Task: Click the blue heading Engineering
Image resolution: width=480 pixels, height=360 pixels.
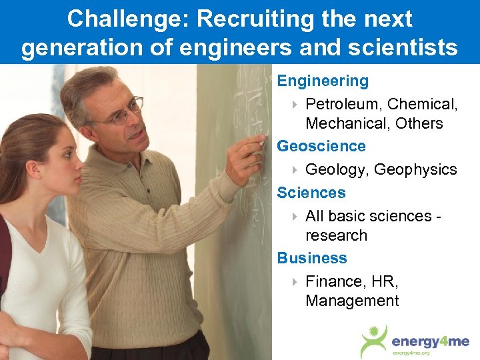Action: [323, 81]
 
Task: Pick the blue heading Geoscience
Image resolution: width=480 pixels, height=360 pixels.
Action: [321, 145]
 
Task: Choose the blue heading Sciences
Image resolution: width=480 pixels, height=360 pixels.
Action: [311, 193]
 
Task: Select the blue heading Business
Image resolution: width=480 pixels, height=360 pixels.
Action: [312, 257]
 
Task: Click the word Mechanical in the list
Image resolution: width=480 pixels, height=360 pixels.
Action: [346, 123]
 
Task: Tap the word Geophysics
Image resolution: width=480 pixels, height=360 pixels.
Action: [415, 169]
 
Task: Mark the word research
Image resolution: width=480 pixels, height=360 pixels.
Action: [336, 235]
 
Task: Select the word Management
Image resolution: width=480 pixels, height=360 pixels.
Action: [352, 301]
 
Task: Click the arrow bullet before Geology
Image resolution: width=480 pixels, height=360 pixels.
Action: [295, 170]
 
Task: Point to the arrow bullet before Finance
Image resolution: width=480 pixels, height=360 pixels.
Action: [295, 282]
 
